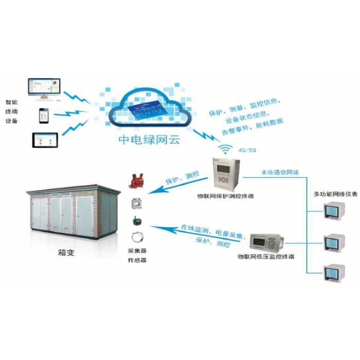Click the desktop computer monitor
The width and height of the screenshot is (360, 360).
click(x=44, y=88)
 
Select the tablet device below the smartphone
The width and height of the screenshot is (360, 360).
click(x=45, y=139)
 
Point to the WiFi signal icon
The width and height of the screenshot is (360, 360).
click(x=225, y=150)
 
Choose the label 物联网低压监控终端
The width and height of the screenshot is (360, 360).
click(x=265, y=256)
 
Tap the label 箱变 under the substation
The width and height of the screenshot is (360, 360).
click(x=67, y=253)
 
